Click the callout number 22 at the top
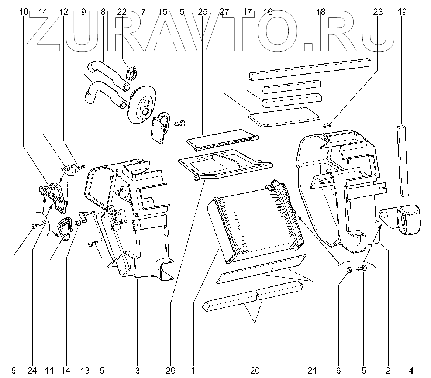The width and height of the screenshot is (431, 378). (x=122, y=12)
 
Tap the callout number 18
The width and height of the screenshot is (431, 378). (x=321, y=12)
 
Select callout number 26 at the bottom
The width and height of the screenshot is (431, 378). (x=171, y=370)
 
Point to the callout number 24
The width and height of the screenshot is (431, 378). (x=32, y=370)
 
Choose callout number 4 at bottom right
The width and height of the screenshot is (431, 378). (x=411, y=370)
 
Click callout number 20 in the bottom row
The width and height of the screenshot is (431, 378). (x=255, y=370)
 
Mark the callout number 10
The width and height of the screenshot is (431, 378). (x=24, y=12)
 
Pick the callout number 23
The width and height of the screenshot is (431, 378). (x=377, y=12)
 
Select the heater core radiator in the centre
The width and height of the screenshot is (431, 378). (x=255, y=221)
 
